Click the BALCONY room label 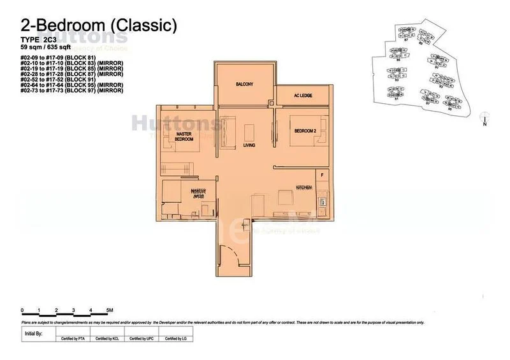[x=245, y=84]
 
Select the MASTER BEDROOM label [x=184, y=136]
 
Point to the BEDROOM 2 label [x=304, y=131]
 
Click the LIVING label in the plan [x=249, y=145]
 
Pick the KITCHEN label [x=303, y=187]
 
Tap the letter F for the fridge [x=323, y=175]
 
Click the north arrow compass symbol [x=485, y=120]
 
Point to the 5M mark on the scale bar [x=110, y=310]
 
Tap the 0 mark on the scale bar [x=22, y=310]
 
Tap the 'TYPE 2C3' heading [x=40, y=40]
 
